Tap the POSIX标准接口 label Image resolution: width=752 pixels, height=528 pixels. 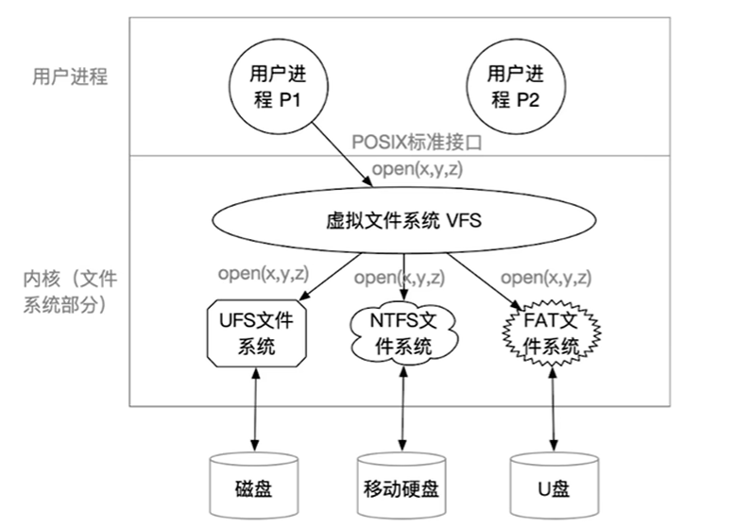pyautogui.click(x=417, y=143)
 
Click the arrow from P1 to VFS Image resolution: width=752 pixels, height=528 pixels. pyautogui.click(x=342, y=154)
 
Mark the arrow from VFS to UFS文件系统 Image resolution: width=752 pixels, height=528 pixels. pyautogui.click(x=333, y=277)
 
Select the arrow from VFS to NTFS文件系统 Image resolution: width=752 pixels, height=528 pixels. pyautogui.click(x=403, y=277)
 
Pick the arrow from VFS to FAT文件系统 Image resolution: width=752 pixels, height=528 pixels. pyautogui.click(x=485, y=281)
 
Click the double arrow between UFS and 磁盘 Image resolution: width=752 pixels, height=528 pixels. pyautogui.click(x=255, y=410)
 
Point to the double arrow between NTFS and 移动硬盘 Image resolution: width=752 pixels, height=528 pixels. pyautogui.click(x=402, y=409)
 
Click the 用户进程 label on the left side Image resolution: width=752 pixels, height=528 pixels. pyautogui.click(x=70, y=77)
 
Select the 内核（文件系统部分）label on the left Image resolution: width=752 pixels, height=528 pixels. pyautogui.click(x=70, y=292)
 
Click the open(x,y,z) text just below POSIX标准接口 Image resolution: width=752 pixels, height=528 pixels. pyautogui.click(x=418, y=168)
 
